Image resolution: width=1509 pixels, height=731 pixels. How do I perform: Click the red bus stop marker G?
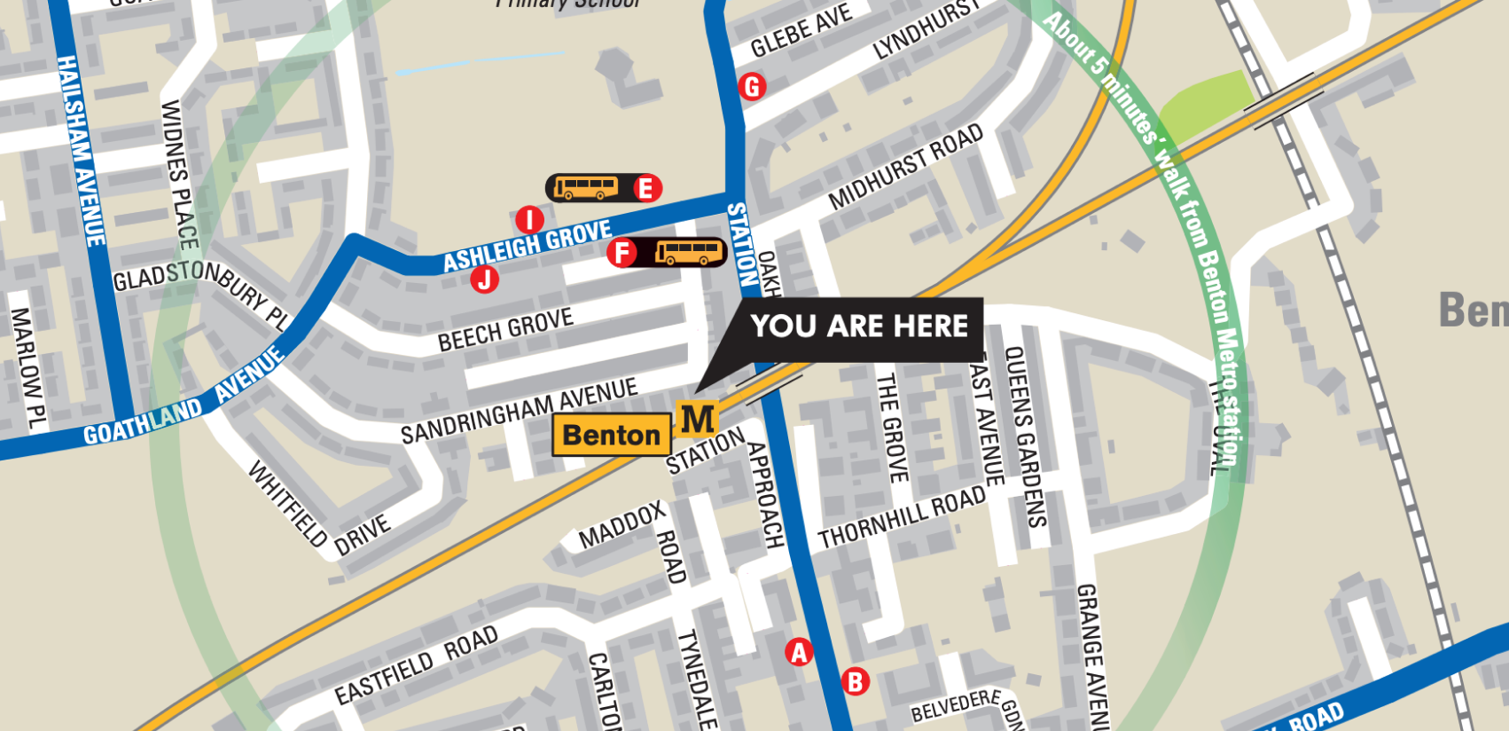click(752, 87)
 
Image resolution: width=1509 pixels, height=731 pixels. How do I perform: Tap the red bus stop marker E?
click(646, 188)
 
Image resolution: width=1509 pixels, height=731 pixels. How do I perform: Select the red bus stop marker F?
click(622, 253)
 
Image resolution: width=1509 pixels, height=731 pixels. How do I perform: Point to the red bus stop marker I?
click(529, 220)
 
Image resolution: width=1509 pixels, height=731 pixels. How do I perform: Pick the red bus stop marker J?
click(484, 279)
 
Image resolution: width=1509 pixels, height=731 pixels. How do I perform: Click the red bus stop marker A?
click(799, 652)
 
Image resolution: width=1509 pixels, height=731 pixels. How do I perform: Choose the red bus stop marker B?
click(856, 681)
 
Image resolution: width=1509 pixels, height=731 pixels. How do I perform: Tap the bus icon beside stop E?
click(586, 188)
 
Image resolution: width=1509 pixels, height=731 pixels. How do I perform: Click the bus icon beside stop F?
click(689, 253)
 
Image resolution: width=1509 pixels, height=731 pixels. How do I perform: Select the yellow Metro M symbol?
click(697, 419)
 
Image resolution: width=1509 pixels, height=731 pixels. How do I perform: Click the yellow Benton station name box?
click(611, 435)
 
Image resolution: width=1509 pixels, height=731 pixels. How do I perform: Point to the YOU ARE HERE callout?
click(858, 326)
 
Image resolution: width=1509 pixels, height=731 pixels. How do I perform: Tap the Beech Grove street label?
click(505, 330)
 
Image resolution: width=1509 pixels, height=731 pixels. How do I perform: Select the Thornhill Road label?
click(901, 518)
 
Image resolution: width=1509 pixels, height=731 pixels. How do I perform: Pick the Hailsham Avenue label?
click(81, 151)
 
